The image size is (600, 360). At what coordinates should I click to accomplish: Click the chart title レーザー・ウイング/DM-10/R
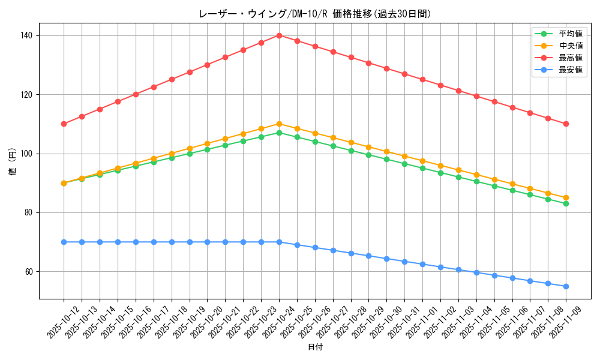click(314, 14)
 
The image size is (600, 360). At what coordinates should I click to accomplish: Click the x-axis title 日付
click(314, 347)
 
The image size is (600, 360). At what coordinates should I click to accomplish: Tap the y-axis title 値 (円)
click(12, 161)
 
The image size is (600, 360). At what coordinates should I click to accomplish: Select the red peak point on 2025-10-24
click(279, 35)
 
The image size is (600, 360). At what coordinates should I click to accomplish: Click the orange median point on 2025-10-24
click(279, 124)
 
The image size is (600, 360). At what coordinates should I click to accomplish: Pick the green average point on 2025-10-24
click(279, 133)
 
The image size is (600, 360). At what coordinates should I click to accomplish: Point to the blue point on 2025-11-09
click(566, 286)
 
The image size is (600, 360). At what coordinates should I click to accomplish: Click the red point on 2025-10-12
click(64, 124)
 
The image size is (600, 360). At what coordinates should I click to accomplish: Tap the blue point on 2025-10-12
click(64, 242)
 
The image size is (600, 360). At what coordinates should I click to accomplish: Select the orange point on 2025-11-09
click(566, 197)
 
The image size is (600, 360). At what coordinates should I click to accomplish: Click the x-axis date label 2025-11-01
click(421, 320)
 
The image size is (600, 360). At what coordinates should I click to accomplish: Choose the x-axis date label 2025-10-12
click(62, 320)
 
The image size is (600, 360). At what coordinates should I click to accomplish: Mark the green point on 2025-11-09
click(566, 203)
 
